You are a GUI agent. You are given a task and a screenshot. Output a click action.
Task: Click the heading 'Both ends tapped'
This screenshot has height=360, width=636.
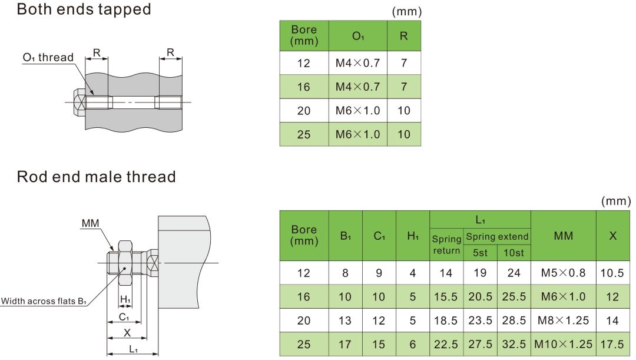(84, 10)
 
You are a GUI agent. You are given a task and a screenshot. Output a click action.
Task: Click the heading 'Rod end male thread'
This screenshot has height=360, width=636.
(96, 177)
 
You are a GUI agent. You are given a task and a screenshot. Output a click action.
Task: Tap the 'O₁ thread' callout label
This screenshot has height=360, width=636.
(48, 58)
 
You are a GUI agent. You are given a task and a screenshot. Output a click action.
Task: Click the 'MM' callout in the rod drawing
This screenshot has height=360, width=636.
(91, 223)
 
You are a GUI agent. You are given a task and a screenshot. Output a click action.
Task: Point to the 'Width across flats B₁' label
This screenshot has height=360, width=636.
(44, 302)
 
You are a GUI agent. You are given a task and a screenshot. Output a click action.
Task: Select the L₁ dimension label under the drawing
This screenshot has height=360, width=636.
(133, 349)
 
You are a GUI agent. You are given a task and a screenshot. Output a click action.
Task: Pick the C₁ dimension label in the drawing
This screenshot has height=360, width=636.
(124, 317)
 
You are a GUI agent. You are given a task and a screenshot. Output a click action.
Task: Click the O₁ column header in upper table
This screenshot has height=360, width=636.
(358, 36)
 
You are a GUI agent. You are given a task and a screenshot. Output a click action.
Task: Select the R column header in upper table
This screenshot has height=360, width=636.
(403, 36)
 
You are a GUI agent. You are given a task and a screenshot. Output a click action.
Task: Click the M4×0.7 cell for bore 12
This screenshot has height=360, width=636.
(357, 63)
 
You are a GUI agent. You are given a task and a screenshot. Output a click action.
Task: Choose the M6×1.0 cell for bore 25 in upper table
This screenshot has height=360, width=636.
(357, 134)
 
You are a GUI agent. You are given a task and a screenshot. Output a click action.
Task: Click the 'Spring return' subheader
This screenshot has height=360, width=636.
(446, 245)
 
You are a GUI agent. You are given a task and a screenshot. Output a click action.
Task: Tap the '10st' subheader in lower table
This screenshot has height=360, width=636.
(514, 253)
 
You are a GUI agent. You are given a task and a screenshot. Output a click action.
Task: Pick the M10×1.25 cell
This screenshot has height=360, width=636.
(563, 344)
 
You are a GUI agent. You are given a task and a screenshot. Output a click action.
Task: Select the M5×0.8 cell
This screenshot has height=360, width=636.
(563, 273)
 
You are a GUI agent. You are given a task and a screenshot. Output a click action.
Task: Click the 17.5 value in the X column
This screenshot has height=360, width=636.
(612, 344)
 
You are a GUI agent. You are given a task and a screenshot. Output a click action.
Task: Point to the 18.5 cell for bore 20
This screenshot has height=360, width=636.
(446, 321)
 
